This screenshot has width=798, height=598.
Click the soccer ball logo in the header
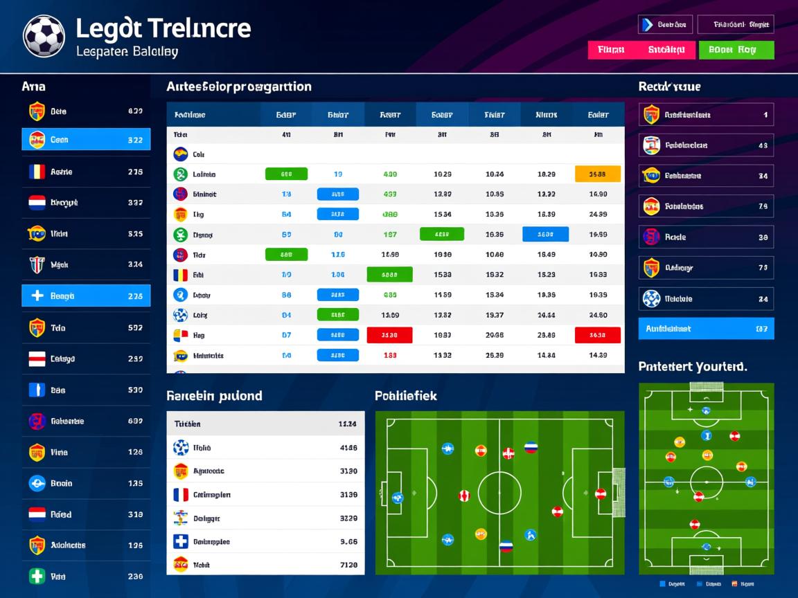(44, 36)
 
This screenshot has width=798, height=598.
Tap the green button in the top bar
(736, 50)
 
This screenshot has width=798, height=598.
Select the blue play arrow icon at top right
(647, 25)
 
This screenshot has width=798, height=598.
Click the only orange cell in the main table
(598, 174)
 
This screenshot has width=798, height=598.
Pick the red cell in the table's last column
(598, 335)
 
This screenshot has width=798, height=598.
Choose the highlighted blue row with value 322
(86, 140)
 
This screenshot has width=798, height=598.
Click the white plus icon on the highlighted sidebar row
(37, 296)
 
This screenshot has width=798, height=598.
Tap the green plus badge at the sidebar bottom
(37, 576)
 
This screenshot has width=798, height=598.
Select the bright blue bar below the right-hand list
(705, 329)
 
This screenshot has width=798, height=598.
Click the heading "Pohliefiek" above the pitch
(406, 396)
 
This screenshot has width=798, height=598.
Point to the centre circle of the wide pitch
(499, 493)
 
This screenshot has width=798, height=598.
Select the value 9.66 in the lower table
(348, 542)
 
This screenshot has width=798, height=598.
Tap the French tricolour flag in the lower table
(181, 495)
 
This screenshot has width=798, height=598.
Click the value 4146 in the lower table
(348, 448)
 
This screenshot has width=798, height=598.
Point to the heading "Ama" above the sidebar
(33, 87)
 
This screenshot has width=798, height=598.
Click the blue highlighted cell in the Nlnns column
(545, 235)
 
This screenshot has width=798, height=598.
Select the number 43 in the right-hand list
(763, 145)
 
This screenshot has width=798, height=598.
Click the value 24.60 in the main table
(598, 315)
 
